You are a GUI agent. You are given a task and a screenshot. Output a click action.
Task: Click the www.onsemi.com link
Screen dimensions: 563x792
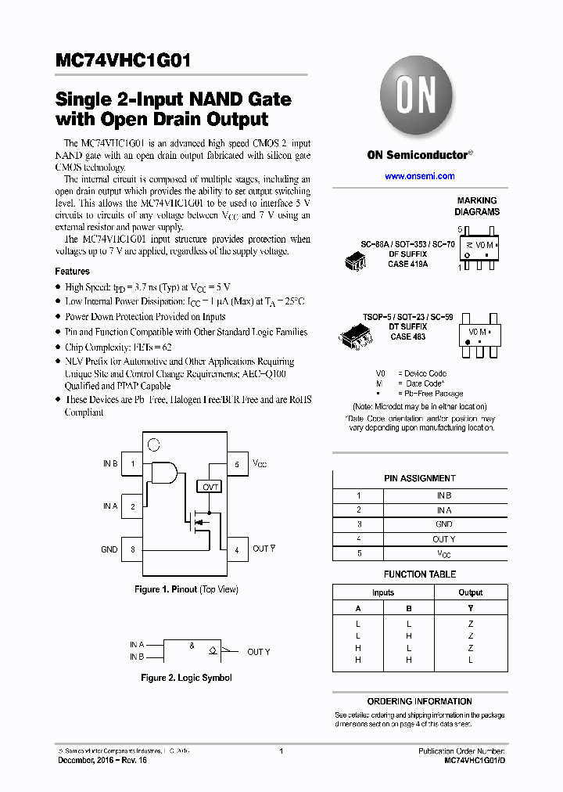[419, 176]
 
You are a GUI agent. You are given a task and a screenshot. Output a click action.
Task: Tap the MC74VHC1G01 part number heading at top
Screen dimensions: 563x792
[123, 62]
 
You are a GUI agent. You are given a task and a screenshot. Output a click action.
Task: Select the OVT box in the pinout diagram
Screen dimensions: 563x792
[210, 486]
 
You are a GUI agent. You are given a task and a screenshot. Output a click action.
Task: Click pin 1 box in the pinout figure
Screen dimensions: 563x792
[132, 464]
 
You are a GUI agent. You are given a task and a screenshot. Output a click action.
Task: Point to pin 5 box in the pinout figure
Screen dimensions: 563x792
[237, 464]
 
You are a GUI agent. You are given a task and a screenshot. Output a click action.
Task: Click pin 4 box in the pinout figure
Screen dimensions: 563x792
[237, 549]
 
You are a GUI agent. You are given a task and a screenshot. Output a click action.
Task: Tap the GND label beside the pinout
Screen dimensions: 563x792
[109, 549]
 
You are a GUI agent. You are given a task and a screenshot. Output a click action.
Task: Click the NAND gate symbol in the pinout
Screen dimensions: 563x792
[163, 472]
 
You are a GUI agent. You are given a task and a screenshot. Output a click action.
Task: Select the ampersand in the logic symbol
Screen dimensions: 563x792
[192, 646]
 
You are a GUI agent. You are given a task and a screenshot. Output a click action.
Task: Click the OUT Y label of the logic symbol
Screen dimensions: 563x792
[259, 652]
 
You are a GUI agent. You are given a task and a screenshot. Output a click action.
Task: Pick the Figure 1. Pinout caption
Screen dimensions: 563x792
[186, 589]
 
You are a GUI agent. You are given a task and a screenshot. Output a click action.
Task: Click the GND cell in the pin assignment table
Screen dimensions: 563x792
[443, 524]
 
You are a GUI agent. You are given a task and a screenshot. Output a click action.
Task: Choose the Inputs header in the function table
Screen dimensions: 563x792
[383, 592]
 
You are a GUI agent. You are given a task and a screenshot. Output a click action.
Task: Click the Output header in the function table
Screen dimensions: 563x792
[471, 592]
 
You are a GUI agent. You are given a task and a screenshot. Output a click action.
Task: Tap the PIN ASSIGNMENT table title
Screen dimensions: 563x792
[420, 478]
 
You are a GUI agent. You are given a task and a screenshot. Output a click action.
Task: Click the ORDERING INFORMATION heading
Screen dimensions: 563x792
[420, 701]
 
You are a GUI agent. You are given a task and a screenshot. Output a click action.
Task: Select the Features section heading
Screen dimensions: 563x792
[72, 271]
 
